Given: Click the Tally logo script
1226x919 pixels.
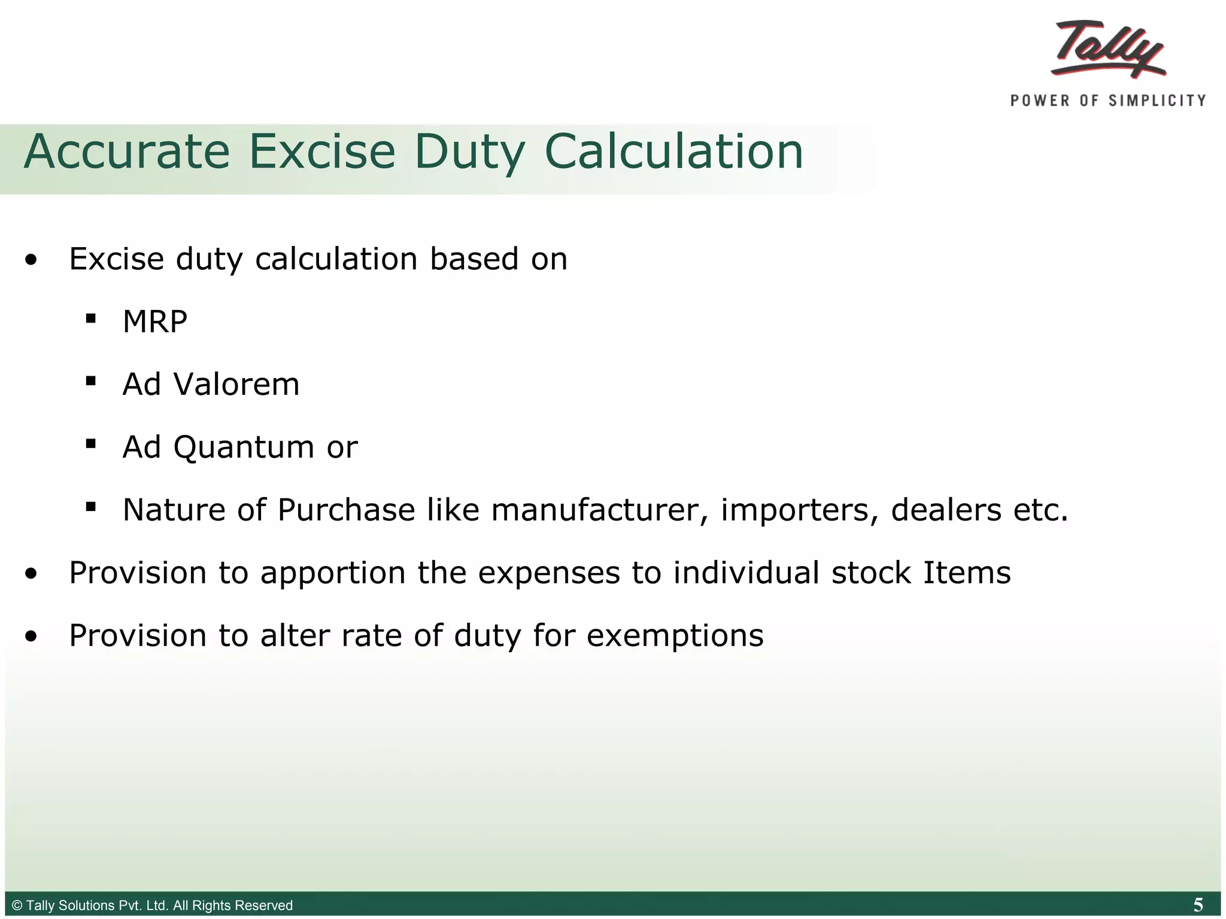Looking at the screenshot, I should tap(1109, 49).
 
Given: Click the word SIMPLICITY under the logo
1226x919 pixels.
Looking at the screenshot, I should tap(1157, 101).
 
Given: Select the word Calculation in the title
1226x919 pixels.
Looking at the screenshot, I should tap(673, 152).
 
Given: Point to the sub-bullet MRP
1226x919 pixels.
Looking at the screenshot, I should tap(155, 322).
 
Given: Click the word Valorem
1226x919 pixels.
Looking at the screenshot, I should tap(236, 384).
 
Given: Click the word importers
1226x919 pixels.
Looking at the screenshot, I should tap(799, 510).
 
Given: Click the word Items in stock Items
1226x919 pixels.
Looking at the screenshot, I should tap(967, 573).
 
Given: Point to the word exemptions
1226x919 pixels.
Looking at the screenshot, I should tap(675, 635).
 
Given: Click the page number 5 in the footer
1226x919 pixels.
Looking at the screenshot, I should tap(1198, 905).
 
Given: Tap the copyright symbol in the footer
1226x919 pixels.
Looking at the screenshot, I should tap(17, 905).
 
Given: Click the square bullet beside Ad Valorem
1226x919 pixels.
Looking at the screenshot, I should tap(91, 381).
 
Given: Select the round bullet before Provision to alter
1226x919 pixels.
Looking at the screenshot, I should tap(31, 636).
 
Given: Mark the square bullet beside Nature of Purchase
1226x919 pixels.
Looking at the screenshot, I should tap(91, 507).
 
